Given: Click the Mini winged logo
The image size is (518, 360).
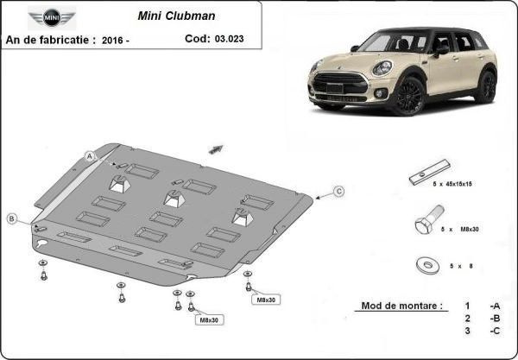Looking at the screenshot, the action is [52, 17].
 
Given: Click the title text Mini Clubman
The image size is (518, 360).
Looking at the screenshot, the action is [176, 16].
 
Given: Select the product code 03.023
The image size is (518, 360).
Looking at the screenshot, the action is [230, 39].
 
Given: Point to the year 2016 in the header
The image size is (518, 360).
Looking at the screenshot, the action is [111, 41].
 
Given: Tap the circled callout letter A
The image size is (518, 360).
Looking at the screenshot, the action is [90, 156].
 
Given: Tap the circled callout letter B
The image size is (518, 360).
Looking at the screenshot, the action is [12, 218].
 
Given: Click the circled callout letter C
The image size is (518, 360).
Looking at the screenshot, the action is [338, 192].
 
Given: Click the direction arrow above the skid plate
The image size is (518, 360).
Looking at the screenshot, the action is [216, 149].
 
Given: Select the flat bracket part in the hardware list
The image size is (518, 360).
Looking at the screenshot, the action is [429, 172].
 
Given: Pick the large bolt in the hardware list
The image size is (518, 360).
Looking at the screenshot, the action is [429, 219].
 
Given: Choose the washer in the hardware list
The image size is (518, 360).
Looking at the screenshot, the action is [428, 265].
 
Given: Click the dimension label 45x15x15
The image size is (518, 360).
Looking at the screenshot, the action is [458, 184].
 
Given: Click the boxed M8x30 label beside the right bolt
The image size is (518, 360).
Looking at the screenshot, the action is [266, 300].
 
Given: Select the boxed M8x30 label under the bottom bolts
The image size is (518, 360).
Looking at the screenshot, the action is [209, 319].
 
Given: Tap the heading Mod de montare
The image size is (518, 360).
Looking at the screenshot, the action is [401, 306].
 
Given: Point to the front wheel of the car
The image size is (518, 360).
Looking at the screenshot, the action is [408, 96].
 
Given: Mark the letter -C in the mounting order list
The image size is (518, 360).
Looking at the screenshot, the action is [495, 331].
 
